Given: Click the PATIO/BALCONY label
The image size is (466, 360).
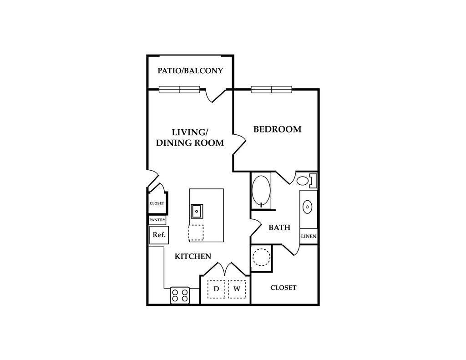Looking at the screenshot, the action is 190,71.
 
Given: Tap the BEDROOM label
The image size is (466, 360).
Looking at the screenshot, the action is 277,129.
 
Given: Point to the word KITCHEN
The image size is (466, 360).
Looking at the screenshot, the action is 193,256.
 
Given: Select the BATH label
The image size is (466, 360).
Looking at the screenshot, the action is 279,227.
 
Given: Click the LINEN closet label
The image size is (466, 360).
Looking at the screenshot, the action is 309,236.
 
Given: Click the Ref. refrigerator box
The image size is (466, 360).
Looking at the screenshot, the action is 159,235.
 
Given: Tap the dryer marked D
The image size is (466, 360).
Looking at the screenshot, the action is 217,289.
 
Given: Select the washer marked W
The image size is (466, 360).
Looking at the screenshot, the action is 237,289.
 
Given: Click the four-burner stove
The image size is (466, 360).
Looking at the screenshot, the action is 180,295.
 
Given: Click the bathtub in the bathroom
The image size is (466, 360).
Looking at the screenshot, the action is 261,191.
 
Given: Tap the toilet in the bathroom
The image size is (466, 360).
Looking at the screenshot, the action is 305,181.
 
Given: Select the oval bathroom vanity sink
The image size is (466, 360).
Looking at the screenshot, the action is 308,207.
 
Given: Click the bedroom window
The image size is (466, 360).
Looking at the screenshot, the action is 271,90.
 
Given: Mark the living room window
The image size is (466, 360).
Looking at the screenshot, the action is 179,90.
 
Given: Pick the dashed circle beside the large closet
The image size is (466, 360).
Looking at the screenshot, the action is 261,258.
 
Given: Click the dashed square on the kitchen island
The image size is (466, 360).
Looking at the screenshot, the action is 196,233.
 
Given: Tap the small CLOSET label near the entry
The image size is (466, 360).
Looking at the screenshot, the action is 157,203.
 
